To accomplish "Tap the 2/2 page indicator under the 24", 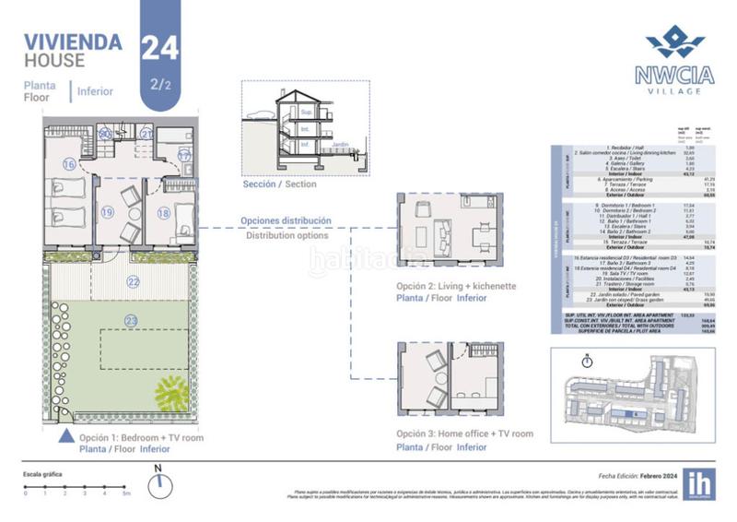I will (160, 85).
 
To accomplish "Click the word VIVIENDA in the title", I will (73, 42).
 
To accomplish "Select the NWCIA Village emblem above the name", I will (675, 42).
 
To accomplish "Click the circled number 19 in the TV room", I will (108, 212).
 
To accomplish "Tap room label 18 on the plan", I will (163, 213).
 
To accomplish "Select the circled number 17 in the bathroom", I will (184, 156).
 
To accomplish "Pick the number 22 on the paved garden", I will (134, 281).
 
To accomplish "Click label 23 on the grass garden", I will (131, 321).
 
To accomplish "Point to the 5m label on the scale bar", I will (126, 493).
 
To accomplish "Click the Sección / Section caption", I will (278, 184).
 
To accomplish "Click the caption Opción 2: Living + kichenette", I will (456, 287).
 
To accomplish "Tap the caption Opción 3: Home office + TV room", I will (464, 433).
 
